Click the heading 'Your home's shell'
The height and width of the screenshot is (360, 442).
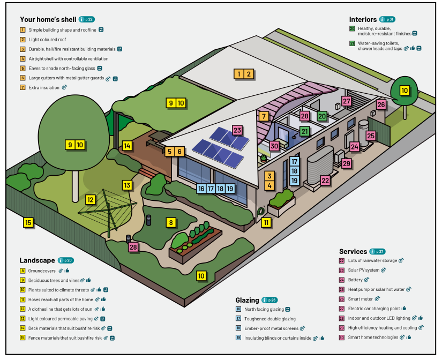[x=48, y=19]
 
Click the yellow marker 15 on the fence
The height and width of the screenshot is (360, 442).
[x=28, y=222]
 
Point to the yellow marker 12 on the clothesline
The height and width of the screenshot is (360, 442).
[x=91, y=199]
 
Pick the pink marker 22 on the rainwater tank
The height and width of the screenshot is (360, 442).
[x=325, y=181]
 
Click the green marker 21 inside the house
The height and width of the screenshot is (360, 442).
[x=304, y=131]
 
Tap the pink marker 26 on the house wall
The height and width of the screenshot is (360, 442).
[x=381, y=104]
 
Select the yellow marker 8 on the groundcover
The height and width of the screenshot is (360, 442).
[x=171, y=222]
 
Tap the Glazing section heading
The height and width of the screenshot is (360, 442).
[x=247, y=300]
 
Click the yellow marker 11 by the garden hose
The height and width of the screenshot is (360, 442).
[x=266, y=222]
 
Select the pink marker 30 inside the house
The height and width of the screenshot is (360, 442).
[x=274, y=145]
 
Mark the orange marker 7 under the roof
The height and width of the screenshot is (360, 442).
[x=263, y=116]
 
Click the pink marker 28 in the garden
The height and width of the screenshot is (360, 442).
[x=133, y=247]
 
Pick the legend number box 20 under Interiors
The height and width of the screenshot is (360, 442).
[x=352, y=28]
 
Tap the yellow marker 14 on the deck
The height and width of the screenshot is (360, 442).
[x=126, y=145]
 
